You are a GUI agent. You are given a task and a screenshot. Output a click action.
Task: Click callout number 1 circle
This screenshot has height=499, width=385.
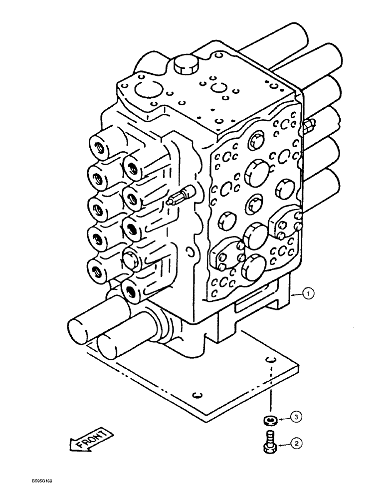tap(309, 295)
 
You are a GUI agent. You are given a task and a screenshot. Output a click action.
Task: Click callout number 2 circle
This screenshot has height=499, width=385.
tap(296, 442)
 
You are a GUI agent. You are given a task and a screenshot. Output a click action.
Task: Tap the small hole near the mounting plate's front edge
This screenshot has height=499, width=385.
tap(197, 396)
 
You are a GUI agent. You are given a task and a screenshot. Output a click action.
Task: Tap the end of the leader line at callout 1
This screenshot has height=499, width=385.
tap(292, 295)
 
